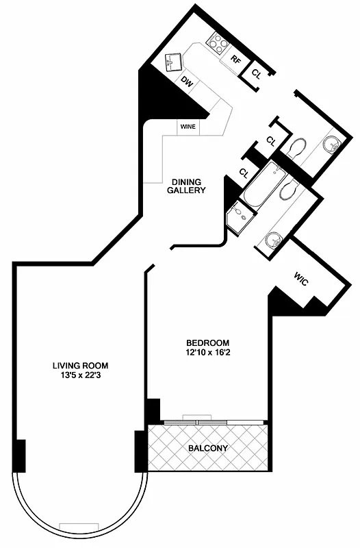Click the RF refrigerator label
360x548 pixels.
[235, 60]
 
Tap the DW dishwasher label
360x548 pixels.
[186, 80]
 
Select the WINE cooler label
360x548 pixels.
[188, 127]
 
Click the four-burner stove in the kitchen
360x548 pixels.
[218, 44]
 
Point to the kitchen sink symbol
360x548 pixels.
[172, 63]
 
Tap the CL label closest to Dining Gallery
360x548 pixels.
[244, 172]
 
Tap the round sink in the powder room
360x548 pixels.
[331, 144]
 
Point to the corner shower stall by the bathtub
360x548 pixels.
[240, 218]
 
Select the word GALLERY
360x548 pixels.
[186, 190]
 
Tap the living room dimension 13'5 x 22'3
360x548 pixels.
[81, 375]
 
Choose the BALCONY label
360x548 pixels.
[207, 449]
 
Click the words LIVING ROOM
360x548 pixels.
[81, 365]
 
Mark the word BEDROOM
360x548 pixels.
[207, 343]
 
